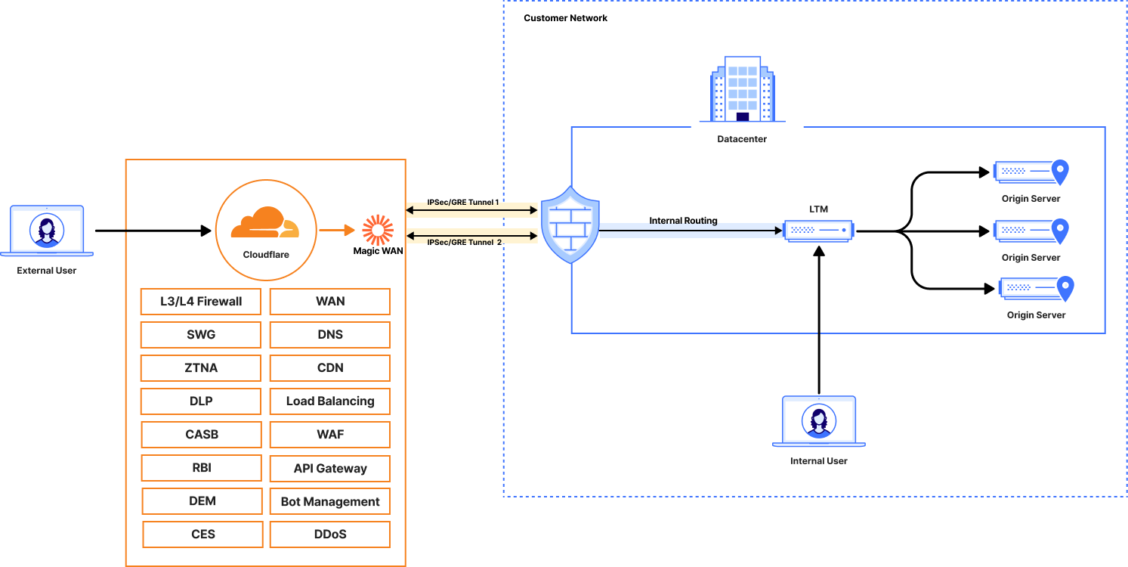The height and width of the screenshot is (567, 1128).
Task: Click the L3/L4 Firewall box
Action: [x=201, y=302]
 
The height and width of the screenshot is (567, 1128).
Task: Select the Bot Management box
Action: [x=330, y=502]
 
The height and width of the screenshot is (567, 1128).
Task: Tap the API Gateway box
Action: [x=330, y=469]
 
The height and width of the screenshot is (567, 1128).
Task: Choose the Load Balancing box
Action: [x=330, y=401]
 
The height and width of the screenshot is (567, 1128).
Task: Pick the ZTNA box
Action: [x=201, y=368]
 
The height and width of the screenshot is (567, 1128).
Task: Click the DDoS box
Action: [x=330, y=534]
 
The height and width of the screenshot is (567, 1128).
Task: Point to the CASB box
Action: [x=201, y=435]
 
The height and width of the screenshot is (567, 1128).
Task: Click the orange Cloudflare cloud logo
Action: [x=264, y=222]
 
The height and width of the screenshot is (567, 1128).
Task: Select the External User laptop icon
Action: [x=47, y=231]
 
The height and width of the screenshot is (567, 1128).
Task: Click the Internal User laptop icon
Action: [x=819, y=421]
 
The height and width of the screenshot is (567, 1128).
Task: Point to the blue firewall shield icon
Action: [x=570, y=225]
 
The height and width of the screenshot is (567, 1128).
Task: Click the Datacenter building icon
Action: [x=743, y=89]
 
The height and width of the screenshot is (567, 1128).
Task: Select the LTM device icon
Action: [x=818, y=230]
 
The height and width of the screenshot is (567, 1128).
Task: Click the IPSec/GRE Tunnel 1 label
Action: [x=463, y=203]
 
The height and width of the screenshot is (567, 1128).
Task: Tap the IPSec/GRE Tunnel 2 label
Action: [x=464, y=243]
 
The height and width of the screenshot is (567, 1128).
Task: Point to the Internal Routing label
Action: [x=683, y=221]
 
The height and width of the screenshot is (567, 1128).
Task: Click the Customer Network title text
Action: [x=565, y=17]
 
